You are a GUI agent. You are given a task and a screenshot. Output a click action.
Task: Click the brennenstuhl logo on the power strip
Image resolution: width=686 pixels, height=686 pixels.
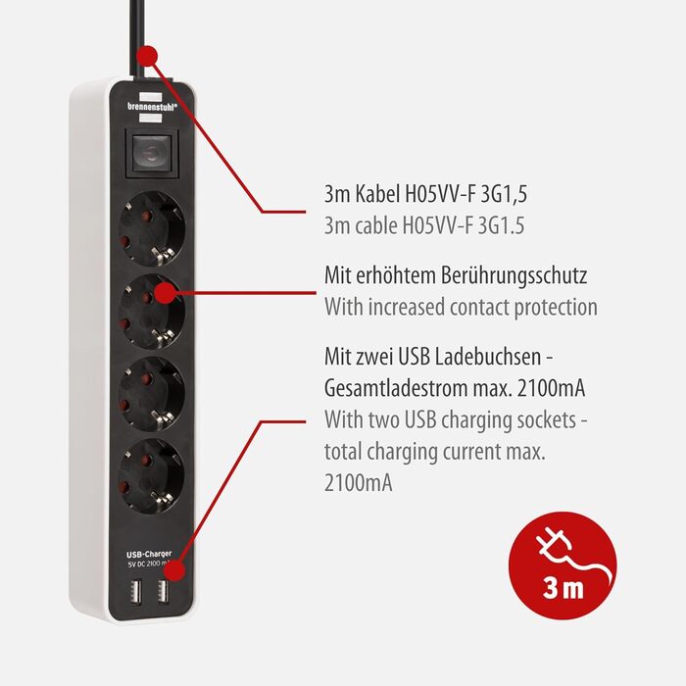tap(152, 107)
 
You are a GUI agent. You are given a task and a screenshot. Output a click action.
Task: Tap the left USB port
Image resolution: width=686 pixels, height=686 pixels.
tap(136, 592)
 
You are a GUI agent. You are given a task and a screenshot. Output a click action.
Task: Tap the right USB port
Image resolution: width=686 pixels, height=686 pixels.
tap(164, 592)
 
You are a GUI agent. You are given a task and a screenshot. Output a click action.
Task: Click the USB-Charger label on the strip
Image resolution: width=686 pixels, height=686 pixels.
tap(149, 554)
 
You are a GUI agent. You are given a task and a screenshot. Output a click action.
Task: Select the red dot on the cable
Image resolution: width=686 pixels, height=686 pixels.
tap(147, 56)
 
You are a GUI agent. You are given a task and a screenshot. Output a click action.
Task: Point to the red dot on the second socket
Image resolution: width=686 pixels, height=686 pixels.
tap(166, 293)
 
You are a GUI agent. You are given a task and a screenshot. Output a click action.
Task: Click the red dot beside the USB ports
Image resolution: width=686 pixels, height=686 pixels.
tap(175, 570)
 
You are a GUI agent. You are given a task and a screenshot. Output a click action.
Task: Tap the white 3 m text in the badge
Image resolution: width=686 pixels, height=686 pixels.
tap(563, 588)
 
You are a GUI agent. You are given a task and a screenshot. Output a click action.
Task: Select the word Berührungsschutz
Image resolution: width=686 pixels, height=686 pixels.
tap(514, 276)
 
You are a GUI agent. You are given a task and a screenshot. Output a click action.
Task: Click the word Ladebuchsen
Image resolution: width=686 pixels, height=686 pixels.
tap(489, 357)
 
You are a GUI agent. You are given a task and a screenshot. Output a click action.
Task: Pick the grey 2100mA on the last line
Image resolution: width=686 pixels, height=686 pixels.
tap(359, 483)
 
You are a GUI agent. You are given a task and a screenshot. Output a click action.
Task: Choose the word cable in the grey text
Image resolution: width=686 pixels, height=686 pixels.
tap(375, 226)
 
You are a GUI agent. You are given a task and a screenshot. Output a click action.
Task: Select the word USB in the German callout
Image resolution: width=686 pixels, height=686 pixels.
tap(415, 357)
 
